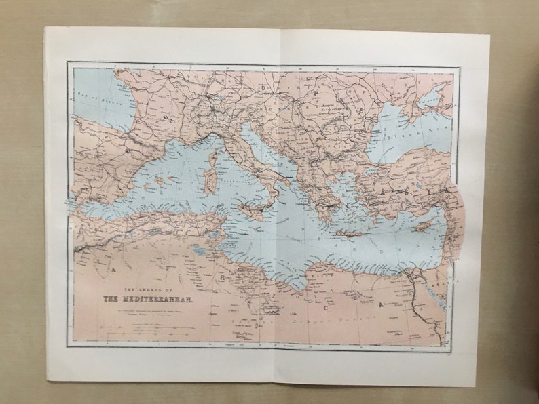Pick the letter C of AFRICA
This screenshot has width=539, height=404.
[325, 308]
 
